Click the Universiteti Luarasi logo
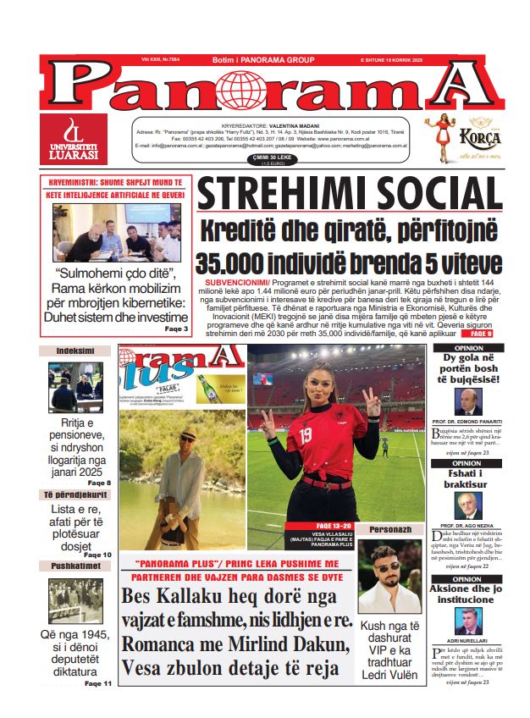pos(74,139)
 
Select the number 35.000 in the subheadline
pos(244,262)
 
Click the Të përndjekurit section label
pos(75,494)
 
